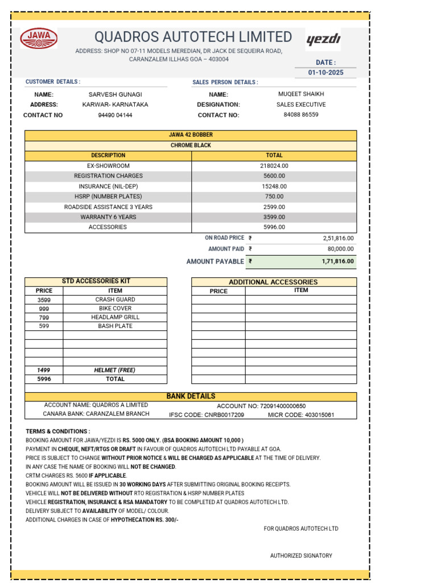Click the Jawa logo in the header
(x=39, y=39)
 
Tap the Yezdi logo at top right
(x=323, y=39)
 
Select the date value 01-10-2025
(x=326, y=73)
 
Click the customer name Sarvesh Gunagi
(x=115, y=95)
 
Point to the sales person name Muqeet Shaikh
(x=303, y=94)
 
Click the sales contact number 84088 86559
(x=301, y=114)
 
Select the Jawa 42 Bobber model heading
(x=191, y=135)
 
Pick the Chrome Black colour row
(x=191, y=145)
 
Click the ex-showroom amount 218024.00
(x=274, y=166)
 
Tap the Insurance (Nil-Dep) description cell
(x=108, y=186)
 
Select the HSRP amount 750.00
(x=274, y=196)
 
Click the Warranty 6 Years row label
(x=108, y=217)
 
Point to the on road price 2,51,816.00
(x=338, y=238)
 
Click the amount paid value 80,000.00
(x=340, y=249)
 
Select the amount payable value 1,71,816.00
(x=337, y=262)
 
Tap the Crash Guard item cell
(x=115, y=299)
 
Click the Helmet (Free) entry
(x=115, y=370)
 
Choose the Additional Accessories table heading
(x=273, y=282)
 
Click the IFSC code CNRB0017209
(x=207, y=414)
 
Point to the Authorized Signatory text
(x=301, y=556)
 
